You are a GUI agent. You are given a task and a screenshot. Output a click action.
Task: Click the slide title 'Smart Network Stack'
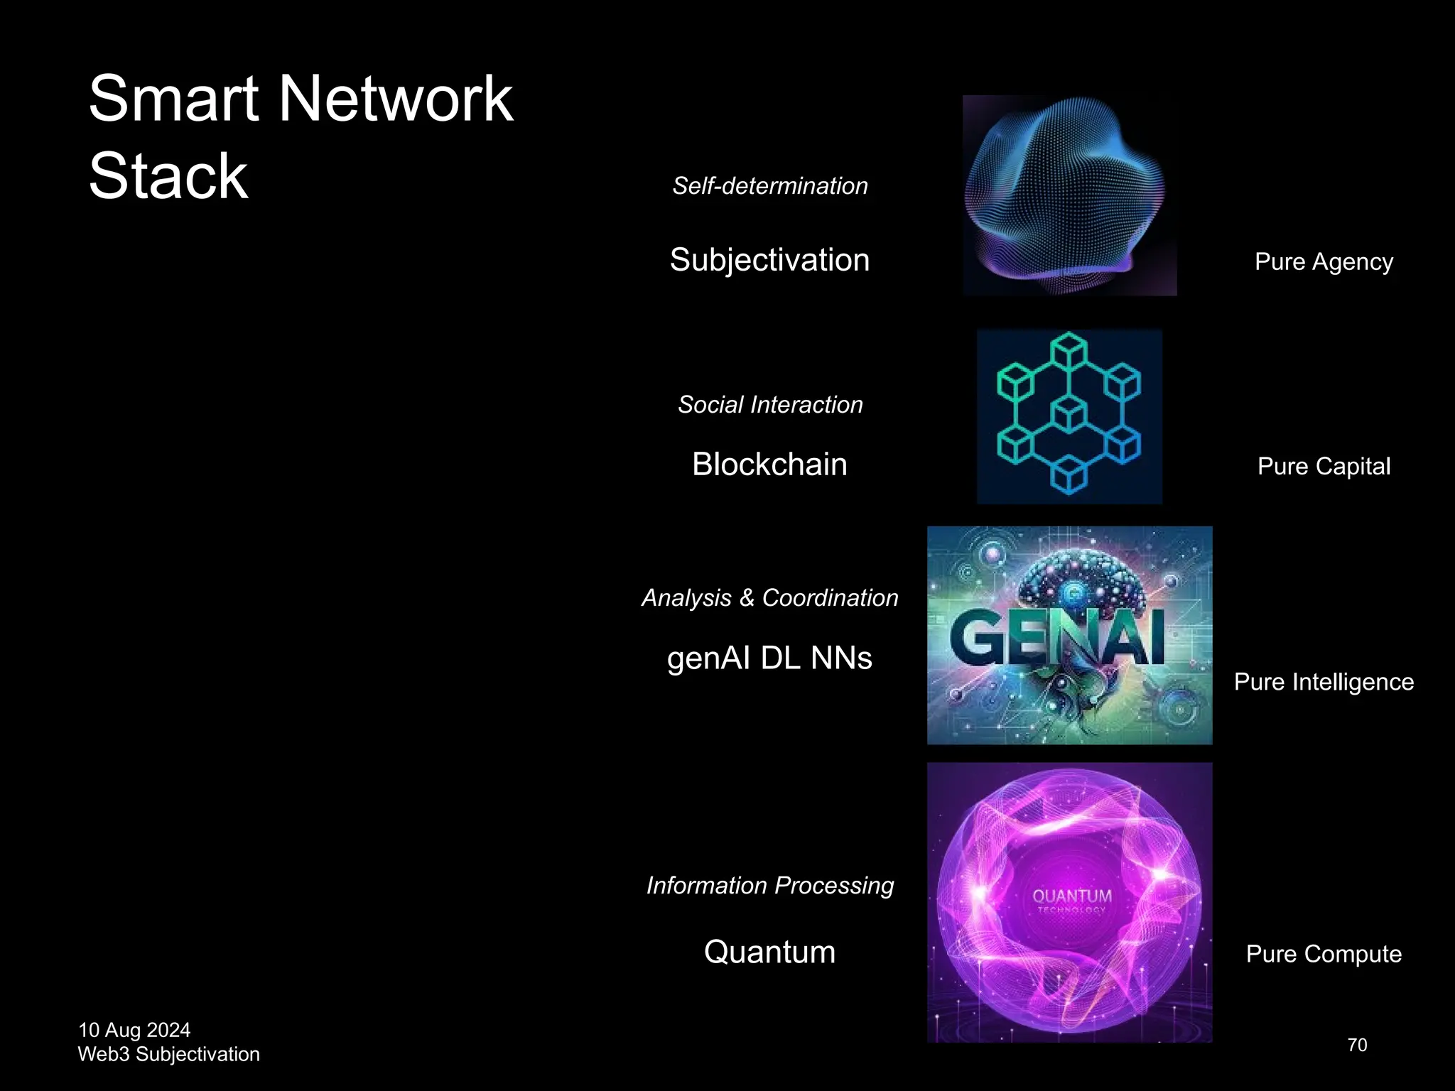(x=300, y=136)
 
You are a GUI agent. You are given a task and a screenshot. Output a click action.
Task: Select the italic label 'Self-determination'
(x=770, y=186)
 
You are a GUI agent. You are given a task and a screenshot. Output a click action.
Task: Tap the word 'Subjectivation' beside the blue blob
(x=769, y=260)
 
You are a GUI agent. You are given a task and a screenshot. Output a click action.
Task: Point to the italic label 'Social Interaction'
(x=770, y=405)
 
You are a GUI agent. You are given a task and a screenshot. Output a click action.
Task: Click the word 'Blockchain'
(x=769, y=465)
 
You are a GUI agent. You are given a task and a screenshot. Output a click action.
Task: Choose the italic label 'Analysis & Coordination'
(x=770, y=598)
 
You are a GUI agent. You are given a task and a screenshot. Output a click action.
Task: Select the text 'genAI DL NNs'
(x=769, y=658)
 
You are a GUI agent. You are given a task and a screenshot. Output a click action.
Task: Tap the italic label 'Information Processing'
(x=770, y=886)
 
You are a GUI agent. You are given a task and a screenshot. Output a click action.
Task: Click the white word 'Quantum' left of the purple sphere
(x=769, y=952)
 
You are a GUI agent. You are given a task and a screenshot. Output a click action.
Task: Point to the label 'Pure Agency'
(x=1324, y=262)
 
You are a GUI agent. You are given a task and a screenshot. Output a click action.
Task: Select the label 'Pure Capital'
(x=1324, y=467)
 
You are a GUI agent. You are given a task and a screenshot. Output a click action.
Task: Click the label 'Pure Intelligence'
(x=1324, y=682)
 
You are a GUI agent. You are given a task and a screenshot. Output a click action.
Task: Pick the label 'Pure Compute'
(x=1324, y=954)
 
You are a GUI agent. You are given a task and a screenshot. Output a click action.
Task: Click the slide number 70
(x=1357, y=1045)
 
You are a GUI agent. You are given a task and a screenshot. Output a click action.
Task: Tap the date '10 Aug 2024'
(x=134, y=1030)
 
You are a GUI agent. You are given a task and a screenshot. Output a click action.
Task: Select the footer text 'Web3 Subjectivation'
(x=168, y=1054)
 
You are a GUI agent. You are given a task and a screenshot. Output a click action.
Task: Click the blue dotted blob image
(x=1069, y=195)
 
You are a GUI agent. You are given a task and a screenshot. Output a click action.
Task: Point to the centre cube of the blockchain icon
(x=1069, y=414)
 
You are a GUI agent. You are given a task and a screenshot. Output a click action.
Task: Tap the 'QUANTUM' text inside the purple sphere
(x=1071, y=896)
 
